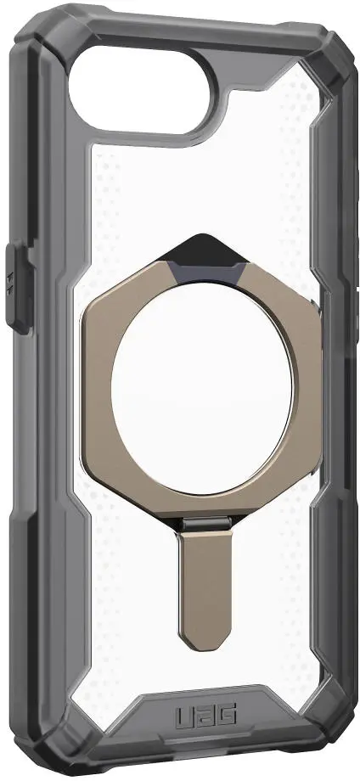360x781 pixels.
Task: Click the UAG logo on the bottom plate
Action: pyautogui.click(x=205, y=717)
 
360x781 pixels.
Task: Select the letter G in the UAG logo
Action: pyautogui.click(x=227, y=717)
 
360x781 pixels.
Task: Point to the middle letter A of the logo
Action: pyautogui.click(x=205, y=717)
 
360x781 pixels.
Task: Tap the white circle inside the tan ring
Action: pyautogui.click(x=202, y=389)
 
